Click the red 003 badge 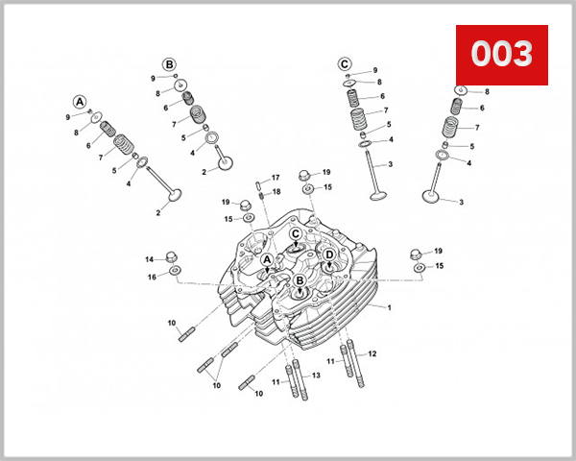[x=500, y=55]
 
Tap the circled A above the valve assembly [x=80, y=102]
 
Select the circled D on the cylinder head [x=329, y=255]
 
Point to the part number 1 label [x=390, y=307]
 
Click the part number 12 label [x=372, y=353]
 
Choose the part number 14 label [x=150, y=259]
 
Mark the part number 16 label [x=152, y=278]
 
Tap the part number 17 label [x=276, y=178]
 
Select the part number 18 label [x=276, y=192]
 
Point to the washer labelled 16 [x=175, y=272]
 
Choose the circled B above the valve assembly [x=169, y=64]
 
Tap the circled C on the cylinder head [x=297, y=233]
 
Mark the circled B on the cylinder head [x=300, y=280]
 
